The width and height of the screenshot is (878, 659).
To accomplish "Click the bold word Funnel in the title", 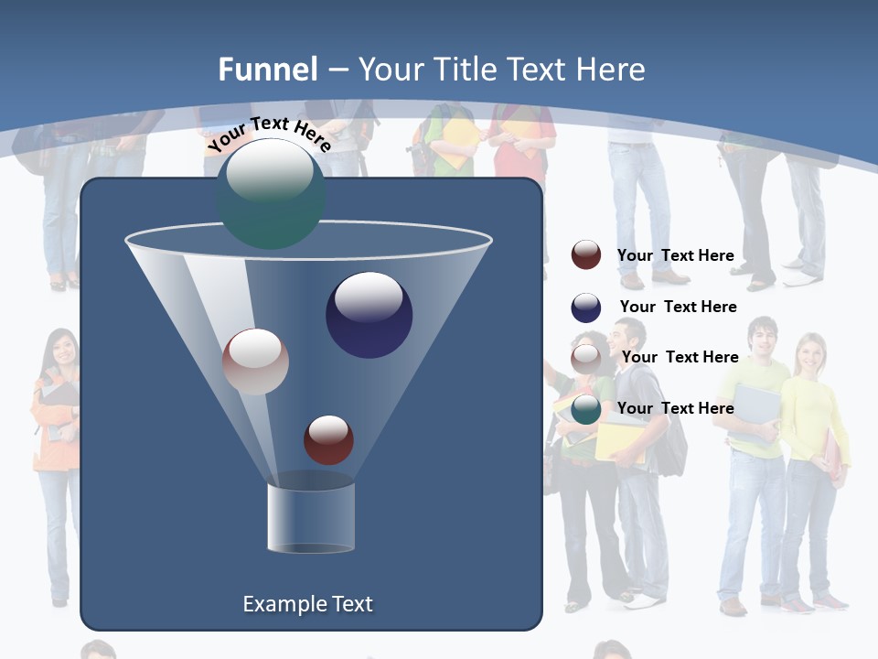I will click(x=267, y=70).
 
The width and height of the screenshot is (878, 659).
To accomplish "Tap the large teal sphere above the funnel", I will click(x=271, y=193).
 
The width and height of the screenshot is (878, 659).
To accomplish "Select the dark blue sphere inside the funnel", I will click(x=369, y=315).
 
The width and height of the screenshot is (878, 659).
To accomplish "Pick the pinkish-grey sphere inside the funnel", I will click(x=255, y=362).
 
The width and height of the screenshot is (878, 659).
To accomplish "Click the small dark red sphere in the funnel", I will click(x=328, y=439).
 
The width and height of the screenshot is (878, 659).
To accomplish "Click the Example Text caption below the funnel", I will click(x=307, y=604).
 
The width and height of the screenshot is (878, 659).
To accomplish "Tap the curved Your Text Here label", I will click(x=269, y=133).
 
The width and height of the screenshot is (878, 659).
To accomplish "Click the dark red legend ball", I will click(x=586, y=255).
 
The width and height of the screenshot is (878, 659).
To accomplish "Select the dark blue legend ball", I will click(x=586, y=308).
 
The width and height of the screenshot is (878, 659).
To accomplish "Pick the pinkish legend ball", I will click(x=586, y=358).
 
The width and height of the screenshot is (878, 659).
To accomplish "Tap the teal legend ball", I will click(x=586, y=409).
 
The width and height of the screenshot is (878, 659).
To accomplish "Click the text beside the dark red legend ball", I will click(x=675, y=255).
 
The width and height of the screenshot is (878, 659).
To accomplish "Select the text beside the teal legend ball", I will click(x=675, y=408).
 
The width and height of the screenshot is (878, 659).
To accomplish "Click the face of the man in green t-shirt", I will click(x=762, y=340).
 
